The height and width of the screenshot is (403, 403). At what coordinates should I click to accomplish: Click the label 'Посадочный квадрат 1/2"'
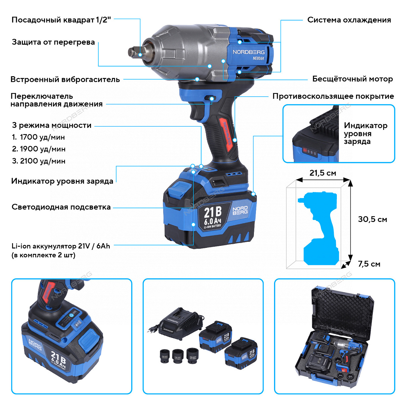coord(61,20)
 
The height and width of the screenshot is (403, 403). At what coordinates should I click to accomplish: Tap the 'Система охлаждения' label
coord(349,20)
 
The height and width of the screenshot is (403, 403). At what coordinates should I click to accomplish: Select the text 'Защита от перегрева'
coord(53,42)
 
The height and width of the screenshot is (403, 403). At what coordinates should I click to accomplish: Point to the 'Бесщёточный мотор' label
coord(352,79)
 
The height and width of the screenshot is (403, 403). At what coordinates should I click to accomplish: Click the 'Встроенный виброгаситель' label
coord(65,80)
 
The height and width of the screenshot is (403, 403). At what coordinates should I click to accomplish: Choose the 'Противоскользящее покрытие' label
coord(333,96)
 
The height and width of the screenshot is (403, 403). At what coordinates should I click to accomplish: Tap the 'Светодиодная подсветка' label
coord(61,207)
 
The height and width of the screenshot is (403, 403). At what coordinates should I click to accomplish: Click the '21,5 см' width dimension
coord(322,173)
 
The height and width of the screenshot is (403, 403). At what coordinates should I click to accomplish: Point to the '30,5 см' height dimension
coord(372,219)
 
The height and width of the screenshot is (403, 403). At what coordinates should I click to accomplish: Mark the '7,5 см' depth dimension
coord(369,264)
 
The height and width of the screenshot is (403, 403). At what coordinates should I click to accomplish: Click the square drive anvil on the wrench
coord(135,52)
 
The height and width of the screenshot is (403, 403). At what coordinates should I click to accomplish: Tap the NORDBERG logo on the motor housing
coord(249,52)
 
